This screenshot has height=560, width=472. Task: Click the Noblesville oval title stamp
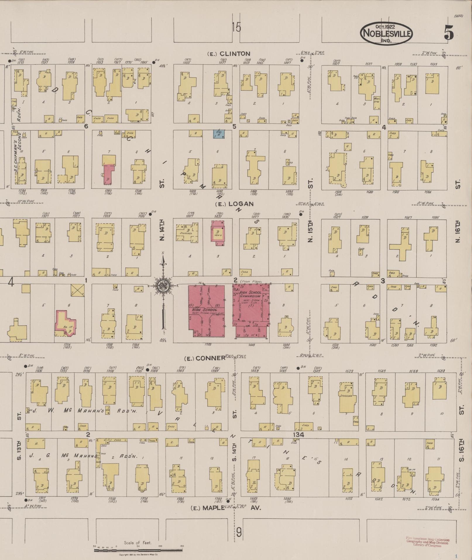coord(386,33)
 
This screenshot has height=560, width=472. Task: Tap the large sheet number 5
coord(449,32)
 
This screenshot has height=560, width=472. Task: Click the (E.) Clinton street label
coord(229,54)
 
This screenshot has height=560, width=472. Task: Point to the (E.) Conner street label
coord(205,358)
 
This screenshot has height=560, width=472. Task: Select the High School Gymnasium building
coord(251,306)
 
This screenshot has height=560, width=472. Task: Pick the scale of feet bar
coord(138,550)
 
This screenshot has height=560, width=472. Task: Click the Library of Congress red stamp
coord(428,542)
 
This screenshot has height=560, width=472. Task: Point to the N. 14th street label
coord(162,230)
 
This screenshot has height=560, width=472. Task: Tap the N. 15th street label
coord(311,231)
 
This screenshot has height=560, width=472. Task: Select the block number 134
coord(298,435)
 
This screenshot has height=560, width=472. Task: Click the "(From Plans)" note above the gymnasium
coord(251,282)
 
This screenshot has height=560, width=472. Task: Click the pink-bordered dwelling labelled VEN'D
coord(218,231)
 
